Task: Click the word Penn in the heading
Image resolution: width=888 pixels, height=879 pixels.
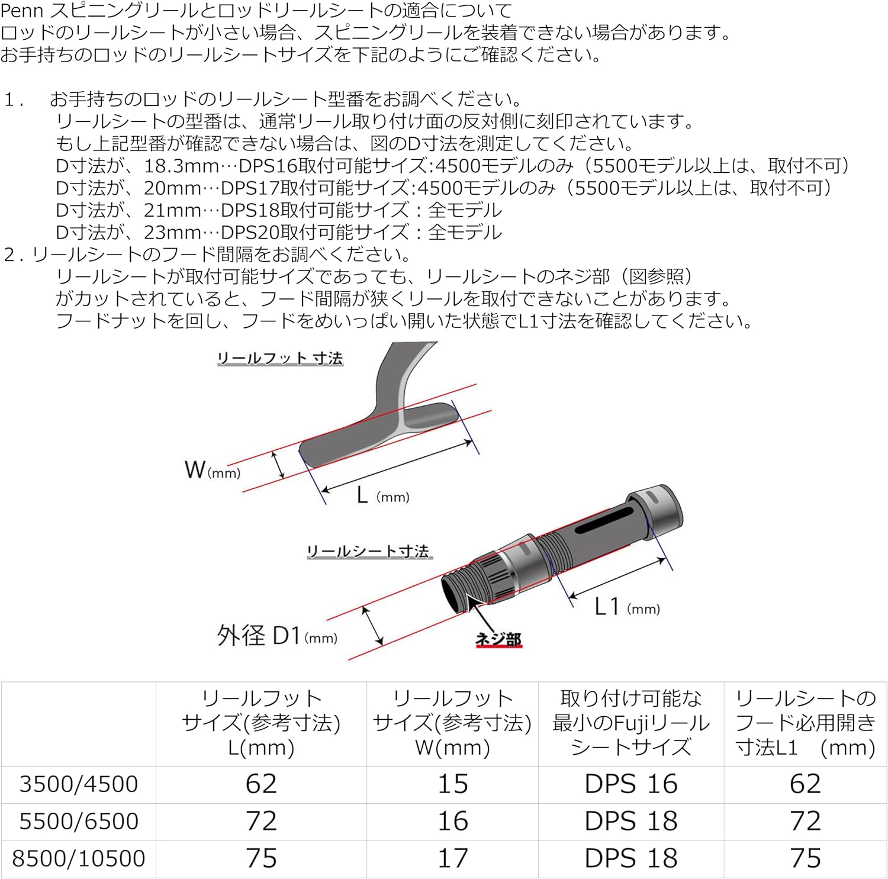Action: coord(21,11)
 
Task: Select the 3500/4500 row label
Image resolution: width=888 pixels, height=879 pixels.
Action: coord(78,784)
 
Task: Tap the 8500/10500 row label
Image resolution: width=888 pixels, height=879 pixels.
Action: coord(78,858)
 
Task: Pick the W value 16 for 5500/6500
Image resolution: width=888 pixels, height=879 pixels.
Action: coord(453,821)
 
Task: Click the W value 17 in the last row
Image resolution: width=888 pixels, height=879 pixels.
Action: coord(453,858)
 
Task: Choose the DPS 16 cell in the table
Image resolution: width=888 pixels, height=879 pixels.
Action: coord(631,784)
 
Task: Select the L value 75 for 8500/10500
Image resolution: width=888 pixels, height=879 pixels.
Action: coord(261,858)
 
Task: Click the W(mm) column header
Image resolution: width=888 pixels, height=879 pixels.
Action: coord(453,723)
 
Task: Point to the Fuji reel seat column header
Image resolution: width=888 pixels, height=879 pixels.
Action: coord(631,723)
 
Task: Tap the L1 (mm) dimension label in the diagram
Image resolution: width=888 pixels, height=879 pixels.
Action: coord(627,607)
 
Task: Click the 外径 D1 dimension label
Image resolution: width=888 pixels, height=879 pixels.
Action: coord(277,636)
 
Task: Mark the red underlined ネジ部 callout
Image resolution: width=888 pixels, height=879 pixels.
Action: coord(498,639)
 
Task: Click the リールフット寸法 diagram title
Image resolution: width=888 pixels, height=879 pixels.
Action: coord(280,358)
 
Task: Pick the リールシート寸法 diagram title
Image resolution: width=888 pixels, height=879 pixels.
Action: coord(368,551)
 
